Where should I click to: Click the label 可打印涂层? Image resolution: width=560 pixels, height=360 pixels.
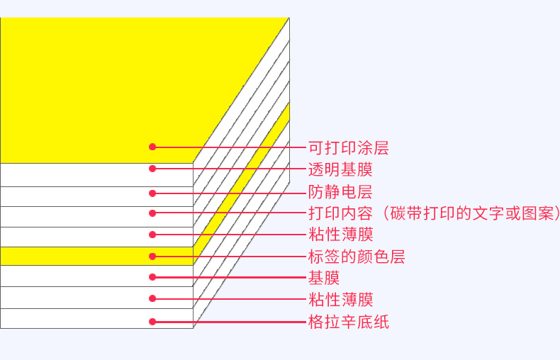[348, 147]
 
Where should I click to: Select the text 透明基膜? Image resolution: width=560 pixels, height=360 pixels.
[340, 169]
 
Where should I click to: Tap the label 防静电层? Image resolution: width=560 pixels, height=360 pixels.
[340, 191]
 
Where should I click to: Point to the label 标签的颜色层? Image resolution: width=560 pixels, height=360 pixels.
[356, 257]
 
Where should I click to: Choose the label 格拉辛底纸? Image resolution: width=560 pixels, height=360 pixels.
[348, 322]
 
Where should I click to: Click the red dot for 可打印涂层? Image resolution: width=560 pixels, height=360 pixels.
[152, 147]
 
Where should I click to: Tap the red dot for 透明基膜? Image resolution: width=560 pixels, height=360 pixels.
[152, 169]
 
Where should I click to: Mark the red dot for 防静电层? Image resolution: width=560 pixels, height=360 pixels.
[152, 192]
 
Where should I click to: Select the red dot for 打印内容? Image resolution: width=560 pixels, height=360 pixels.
[152, 213]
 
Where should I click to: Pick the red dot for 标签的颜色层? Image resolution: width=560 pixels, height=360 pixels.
[152, 256]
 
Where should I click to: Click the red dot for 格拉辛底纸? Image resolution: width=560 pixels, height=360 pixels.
[152, 321]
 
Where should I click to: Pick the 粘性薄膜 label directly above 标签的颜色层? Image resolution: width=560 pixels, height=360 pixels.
[340, 235]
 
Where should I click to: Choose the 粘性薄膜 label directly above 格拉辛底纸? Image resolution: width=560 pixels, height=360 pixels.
[340, 300]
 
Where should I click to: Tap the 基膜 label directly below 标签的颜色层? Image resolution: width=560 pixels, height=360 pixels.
[324, 278]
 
